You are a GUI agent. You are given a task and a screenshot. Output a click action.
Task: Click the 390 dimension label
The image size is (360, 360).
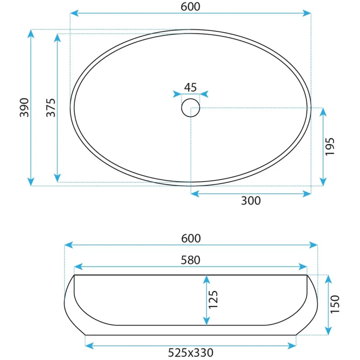[24, 108]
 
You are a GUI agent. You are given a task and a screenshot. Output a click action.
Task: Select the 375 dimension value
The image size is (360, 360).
[51, 108]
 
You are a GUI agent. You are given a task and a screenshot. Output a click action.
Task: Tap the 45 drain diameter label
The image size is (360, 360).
[190, 87]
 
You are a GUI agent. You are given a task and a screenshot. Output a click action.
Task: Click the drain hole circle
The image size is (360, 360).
[190, 99]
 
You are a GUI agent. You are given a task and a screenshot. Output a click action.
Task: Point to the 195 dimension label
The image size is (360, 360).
[330, 147]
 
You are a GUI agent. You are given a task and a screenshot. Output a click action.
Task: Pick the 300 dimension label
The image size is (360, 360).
[251, 201]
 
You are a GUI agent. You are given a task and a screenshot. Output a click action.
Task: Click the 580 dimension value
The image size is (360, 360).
[190, 260]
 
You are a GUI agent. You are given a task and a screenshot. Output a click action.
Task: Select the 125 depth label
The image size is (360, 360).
[213, 300]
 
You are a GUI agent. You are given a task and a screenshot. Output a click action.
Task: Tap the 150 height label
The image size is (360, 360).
[335, 304]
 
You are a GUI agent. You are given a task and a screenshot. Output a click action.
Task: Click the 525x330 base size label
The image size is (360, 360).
[190, 352]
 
